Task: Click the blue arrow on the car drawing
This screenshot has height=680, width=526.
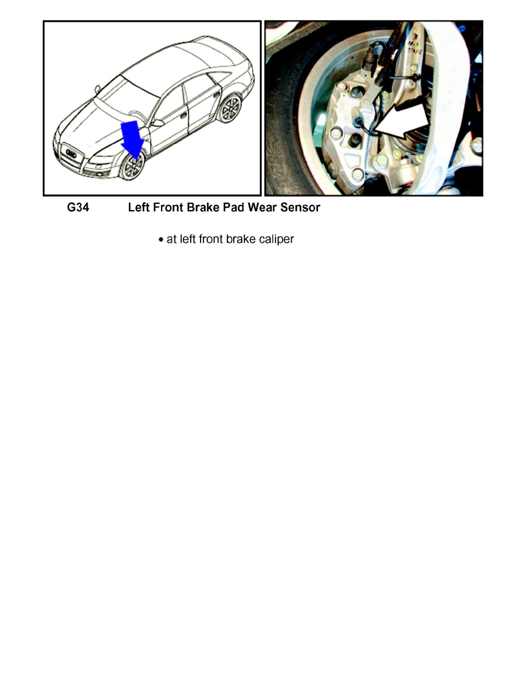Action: coord(131,138)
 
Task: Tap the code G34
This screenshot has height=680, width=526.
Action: coord(78,208)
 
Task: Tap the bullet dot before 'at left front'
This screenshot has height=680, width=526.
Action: coord(160,240)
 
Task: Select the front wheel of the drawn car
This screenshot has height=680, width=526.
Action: coord(133,167)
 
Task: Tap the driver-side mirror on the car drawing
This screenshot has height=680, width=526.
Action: coord(156,122)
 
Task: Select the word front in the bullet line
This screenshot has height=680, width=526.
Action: coord(210,239)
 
